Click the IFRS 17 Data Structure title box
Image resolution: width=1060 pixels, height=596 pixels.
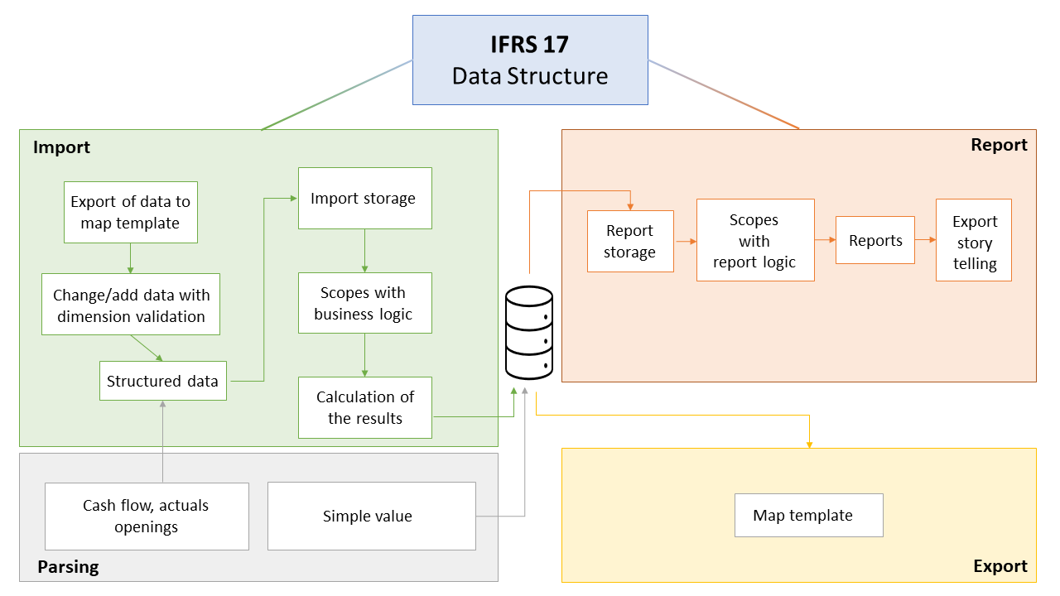[530, 60]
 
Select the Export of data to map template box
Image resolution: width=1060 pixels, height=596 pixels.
[131, 213]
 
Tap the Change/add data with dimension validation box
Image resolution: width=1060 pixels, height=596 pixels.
[131, 305]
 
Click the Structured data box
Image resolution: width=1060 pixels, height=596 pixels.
[162, 381]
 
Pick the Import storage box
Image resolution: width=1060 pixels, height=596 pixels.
[364, 199]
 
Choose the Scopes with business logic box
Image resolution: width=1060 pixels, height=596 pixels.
[364, 303]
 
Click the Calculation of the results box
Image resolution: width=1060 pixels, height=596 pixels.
[364, 407]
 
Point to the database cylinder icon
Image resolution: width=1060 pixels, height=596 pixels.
[529, 331]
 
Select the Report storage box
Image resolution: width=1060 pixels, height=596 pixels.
[629, 241]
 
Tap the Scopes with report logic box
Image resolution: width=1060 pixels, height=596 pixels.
[754, 241]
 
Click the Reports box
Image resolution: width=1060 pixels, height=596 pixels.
[874, 240]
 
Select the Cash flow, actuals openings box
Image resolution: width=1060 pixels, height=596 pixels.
[147, 517]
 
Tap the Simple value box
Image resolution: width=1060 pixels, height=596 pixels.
[371, 517]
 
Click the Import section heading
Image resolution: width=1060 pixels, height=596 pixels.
[61, 148]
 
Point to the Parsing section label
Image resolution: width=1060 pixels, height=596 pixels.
[68, 567]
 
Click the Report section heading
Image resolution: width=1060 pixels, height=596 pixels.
[999, 145]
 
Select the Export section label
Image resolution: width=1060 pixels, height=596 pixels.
[1000, 566]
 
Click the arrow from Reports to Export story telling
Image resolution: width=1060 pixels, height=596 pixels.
[925, 240]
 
